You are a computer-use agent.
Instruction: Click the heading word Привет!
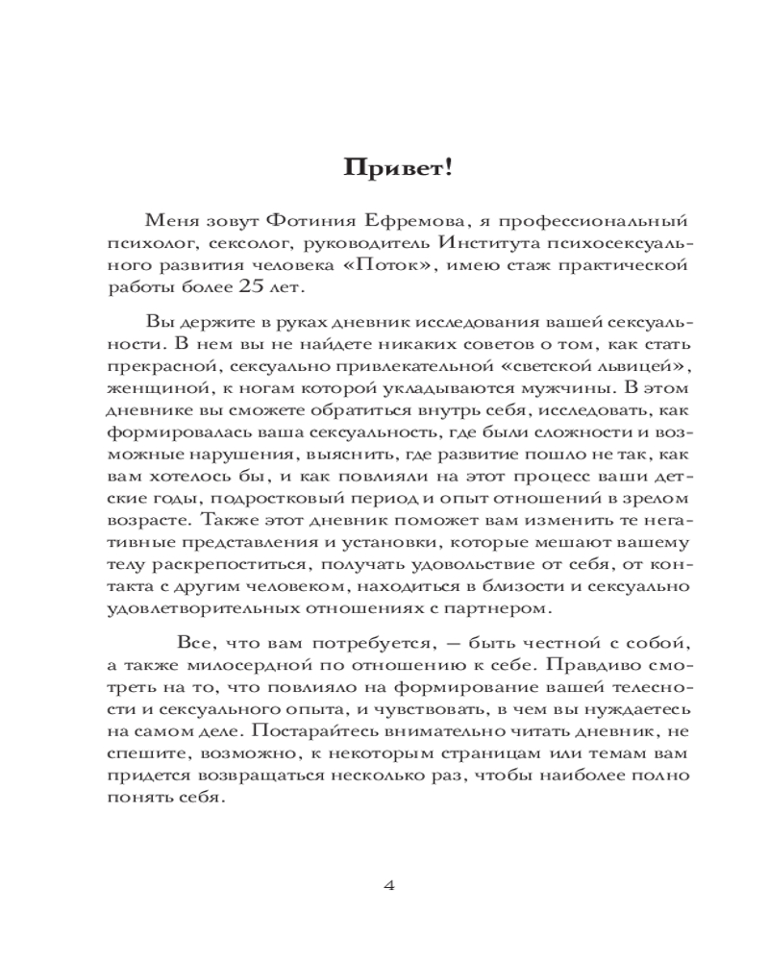point(384,169)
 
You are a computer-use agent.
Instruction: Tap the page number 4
point(389,885)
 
